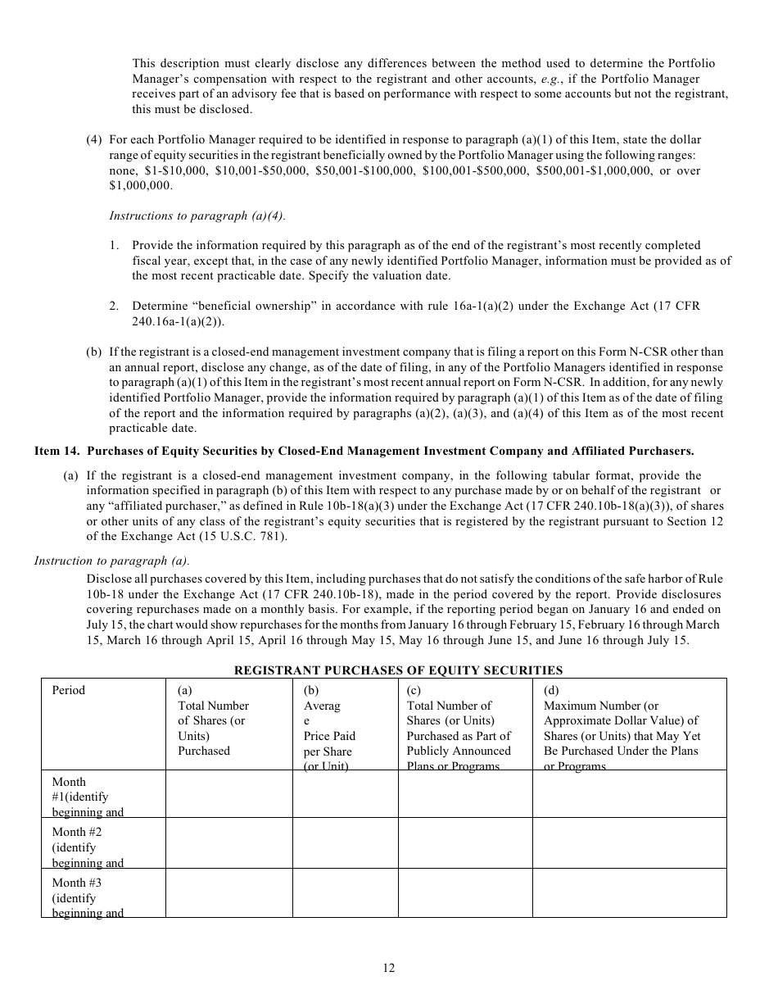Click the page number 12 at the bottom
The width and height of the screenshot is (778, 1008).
click(x=388, y=968)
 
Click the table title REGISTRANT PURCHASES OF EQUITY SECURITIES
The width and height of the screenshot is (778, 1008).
click(x=398, y=670)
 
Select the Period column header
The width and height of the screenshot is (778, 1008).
click(x=69, y=690)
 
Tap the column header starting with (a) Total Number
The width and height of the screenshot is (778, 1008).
click(x=213, y=720)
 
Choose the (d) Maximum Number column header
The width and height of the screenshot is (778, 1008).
click(x=622, y=728)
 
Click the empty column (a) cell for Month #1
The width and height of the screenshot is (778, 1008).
click(x=229, y=794)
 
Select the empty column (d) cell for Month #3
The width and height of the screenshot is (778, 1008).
click(x=629, y=893)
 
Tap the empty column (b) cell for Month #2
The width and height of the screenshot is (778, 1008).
click(x=345, y=843)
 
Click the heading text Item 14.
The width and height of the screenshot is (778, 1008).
click(x=57, y=451)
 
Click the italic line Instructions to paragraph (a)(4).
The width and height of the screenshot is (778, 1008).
click(x=197, y=216)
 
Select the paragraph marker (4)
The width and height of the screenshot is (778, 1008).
click(x=94, y=140)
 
